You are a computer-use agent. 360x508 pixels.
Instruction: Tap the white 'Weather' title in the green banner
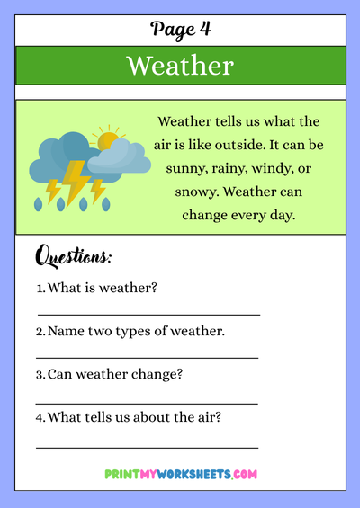[180, 66]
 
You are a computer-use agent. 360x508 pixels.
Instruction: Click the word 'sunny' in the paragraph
[186, 168]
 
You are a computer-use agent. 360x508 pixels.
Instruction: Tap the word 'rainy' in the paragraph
[233, 168]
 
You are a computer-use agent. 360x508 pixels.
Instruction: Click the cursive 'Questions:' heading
[74, 257]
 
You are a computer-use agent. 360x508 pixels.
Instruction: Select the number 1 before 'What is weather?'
[40, 288]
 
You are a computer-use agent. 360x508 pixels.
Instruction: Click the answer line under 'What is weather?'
[148, 315]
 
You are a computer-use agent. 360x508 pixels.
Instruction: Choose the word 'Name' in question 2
[66, 331]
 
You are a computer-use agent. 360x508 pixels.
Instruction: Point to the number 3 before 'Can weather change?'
[40, 374]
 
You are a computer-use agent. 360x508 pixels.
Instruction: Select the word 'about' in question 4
[155, 417]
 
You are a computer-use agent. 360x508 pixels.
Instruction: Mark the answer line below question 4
[147, 447]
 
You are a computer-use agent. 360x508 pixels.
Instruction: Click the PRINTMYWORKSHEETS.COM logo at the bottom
[181, 473]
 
